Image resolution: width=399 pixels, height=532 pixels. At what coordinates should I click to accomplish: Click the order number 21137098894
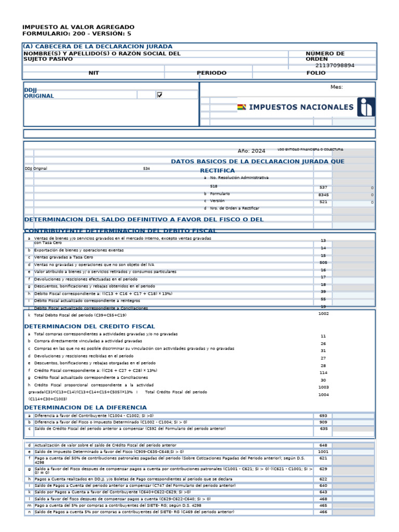click(335, 65)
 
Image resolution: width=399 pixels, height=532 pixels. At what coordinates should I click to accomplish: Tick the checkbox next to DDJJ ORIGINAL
click(159, 95)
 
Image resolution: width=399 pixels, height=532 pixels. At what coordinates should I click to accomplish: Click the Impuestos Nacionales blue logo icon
click(365, 107)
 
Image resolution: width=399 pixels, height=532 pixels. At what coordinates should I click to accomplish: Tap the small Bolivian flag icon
click(242, 108)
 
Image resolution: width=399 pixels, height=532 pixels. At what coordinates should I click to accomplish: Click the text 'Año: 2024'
click(251, 151)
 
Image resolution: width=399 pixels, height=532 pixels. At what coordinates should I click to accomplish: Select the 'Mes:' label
click(337, 87)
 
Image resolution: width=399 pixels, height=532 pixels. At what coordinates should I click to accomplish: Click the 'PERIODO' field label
click(211, 73)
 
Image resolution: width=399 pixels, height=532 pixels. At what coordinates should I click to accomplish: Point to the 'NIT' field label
click(94, 73)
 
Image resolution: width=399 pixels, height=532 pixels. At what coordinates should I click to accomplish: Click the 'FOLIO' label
click(316, 73)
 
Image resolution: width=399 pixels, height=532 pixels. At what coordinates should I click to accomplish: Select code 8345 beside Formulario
click(323, 195)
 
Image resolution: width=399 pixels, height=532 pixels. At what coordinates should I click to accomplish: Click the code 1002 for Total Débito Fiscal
click(323, 314)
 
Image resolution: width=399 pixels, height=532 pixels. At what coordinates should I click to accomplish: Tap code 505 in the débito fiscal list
click(323, 263)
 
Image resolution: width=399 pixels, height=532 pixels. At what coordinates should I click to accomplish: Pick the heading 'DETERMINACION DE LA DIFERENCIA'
click(85, 407)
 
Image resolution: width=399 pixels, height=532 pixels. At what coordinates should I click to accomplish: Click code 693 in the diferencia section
click(323, 416)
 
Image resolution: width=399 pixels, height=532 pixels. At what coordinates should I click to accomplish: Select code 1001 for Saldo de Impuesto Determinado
click(323, 452)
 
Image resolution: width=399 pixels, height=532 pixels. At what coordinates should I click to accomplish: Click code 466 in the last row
click(323, 512)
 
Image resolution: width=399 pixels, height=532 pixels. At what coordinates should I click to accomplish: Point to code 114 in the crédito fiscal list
click(323, 373)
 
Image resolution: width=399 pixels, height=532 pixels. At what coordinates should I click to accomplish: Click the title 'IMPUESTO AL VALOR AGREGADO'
click(78, 27)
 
